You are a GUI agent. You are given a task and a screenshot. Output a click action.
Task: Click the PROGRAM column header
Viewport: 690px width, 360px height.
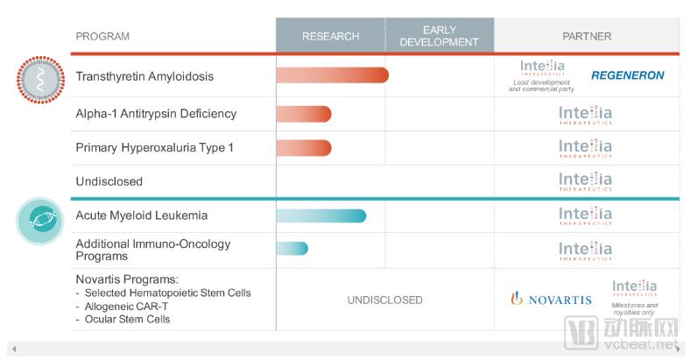102,37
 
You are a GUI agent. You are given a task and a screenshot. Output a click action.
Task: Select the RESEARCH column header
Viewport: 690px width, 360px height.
330,37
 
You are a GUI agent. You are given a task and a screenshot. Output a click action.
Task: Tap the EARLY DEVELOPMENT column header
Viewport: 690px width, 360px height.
439,37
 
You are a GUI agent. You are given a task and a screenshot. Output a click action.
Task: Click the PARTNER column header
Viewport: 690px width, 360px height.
587,37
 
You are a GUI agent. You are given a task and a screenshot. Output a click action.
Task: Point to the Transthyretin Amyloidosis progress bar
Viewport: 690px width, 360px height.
332,75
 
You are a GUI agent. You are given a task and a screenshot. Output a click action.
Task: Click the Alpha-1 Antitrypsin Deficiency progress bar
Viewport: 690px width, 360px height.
303,114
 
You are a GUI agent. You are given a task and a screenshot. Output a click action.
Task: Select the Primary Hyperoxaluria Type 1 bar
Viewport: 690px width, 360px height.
303,147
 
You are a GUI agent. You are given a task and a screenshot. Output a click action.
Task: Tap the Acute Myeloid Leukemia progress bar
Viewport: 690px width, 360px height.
320,215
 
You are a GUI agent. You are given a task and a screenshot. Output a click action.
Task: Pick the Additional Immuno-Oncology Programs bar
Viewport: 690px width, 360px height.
292,249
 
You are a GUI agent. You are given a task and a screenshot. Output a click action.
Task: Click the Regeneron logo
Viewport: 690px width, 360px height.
627,75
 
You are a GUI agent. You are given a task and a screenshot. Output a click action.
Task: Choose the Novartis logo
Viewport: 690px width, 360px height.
551,300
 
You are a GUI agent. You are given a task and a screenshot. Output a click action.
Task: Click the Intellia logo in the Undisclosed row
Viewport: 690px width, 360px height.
586,182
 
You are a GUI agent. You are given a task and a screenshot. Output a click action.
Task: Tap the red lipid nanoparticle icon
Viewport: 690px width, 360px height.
40,80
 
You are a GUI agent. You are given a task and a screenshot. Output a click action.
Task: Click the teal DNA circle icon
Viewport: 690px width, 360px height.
40,221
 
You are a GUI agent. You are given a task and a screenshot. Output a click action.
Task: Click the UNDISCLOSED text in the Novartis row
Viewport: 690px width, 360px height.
384,300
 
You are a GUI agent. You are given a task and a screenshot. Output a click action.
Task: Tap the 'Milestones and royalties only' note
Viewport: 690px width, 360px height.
635,309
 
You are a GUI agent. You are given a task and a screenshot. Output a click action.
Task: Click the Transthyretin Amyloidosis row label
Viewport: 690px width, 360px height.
144,76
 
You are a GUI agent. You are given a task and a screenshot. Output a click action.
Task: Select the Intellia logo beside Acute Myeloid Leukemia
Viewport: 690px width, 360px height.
586,215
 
